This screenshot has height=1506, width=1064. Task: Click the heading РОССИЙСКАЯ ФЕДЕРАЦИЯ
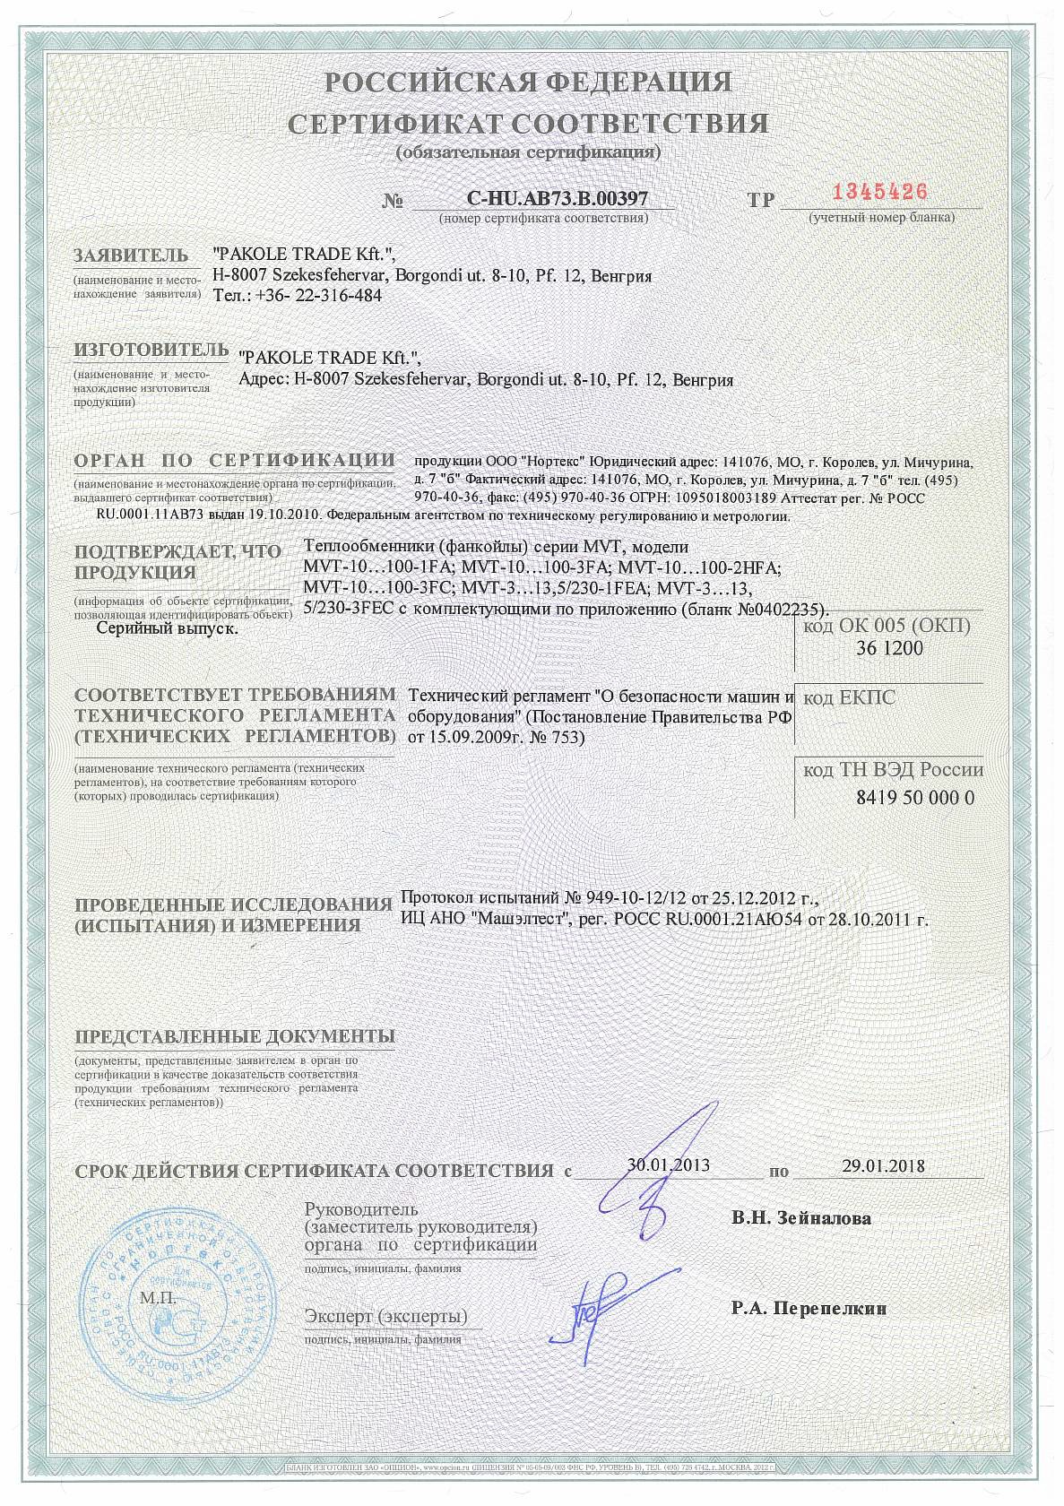528,83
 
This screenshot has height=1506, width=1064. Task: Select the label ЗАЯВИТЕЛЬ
131,255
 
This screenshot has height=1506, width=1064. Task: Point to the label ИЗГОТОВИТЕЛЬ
146,348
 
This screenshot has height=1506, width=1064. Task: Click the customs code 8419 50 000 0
890,798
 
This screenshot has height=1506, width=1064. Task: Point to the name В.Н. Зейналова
800,1218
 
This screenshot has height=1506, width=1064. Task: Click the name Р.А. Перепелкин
809,1308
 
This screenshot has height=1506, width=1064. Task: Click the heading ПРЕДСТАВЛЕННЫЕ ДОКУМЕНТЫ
235,1036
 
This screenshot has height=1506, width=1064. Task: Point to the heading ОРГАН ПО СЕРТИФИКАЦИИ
235,460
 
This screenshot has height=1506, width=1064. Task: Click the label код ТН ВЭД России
893,770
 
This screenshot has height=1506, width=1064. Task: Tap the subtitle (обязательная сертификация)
528,151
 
